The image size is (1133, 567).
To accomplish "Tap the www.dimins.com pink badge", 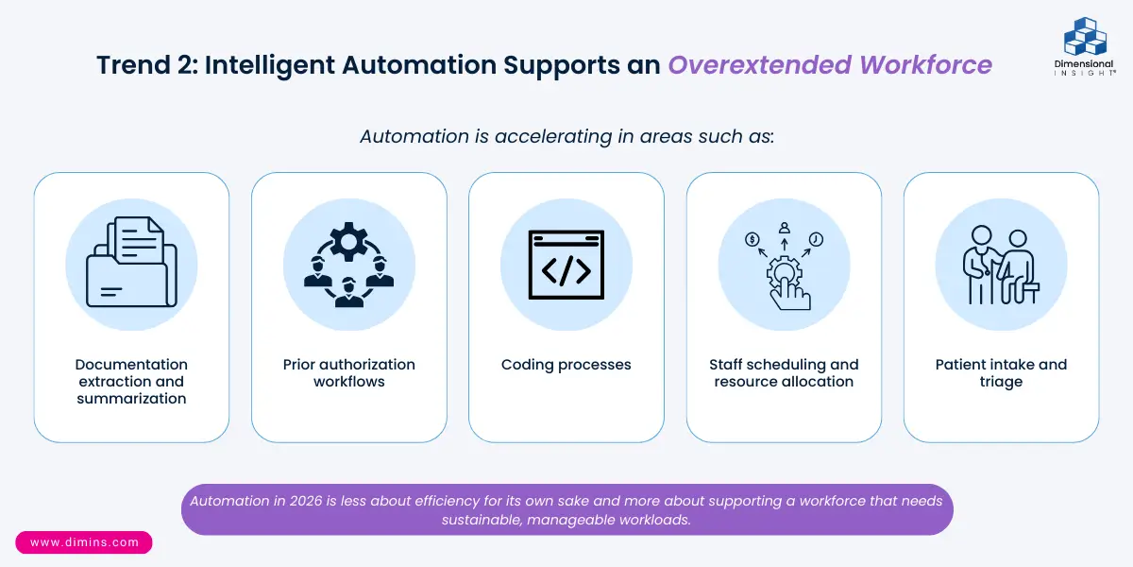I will (84, 542).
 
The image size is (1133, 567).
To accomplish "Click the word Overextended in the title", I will (758, 64).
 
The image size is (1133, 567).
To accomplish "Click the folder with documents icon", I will (131, 264).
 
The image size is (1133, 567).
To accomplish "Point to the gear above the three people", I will (349, 242).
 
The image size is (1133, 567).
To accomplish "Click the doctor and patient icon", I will (1001, 265).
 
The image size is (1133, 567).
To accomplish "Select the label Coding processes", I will (566, 365).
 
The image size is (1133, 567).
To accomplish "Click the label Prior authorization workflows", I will (349, 373).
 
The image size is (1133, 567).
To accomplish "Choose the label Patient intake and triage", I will (1001, 373).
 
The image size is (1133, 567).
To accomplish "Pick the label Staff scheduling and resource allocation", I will (784, 373).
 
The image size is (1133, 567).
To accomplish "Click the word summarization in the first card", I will (131, 399).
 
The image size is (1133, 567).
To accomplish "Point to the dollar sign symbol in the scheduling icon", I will (753, 240).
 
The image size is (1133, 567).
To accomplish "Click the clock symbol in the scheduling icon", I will (816, 240).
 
